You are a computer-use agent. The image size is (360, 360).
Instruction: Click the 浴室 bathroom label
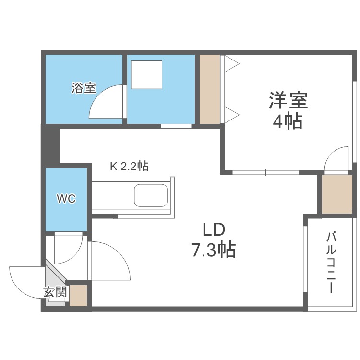[84, 88]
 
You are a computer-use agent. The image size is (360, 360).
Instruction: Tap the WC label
[66, 199]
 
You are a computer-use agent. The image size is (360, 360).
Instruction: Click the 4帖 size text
[288, 121]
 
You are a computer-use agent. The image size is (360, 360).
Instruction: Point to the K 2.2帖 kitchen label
[129, 167]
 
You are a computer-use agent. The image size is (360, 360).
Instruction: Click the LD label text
[214, 230]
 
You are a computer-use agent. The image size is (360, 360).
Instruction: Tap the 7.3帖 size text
[214, 250]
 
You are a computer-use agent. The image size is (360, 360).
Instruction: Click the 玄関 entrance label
[55, 291]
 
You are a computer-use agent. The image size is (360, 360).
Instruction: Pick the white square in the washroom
[146, 74]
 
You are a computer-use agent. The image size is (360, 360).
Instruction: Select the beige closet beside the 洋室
[209, 89]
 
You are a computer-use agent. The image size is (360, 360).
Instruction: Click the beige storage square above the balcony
[336, 194]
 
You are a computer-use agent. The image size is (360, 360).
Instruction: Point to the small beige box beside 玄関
[78, 295]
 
